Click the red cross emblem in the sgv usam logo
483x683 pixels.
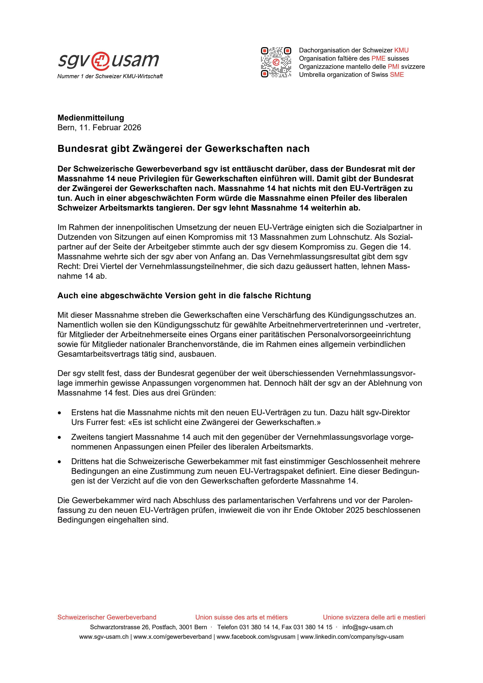[101, 60]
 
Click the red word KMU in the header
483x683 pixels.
[401, 50]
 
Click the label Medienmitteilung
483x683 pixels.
[91, 118]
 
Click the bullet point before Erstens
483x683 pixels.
[60, 413]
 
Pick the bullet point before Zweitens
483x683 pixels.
[60, 438]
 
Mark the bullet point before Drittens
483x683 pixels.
[60, 462]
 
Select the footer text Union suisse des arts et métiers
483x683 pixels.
[241, 617]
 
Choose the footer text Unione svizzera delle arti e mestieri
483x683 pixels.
[374, 617]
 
